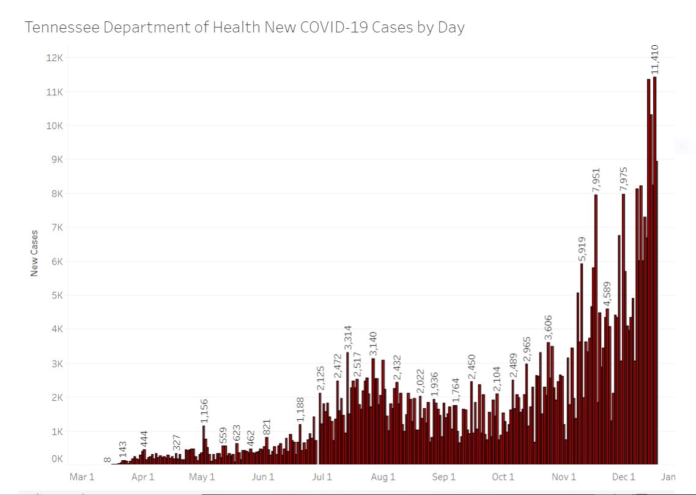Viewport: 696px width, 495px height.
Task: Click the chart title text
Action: (x=245, y=28)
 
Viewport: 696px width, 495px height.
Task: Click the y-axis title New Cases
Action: (x=34, y=253)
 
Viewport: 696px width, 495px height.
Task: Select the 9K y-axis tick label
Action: (x=57, y=159)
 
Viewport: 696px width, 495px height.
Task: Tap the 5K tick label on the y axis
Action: (x=57, y=296)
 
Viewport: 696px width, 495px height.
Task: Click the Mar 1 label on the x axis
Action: (x=82, y=477)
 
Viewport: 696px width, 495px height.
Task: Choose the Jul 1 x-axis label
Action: (x=322, y=477)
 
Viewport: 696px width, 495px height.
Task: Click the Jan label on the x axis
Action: (x=668, y=477)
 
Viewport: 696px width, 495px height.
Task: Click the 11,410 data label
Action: (x=654, y=59)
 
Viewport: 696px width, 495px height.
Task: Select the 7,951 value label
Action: (x=596, y=180)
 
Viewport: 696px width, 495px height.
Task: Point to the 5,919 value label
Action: (x=582, y=249)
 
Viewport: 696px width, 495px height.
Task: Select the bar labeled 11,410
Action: (x=654, y=269)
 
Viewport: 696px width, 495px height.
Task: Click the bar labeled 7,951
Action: (x=596, y=330)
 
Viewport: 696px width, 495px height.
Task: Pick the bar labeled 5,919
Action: (x=582, y=364)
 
